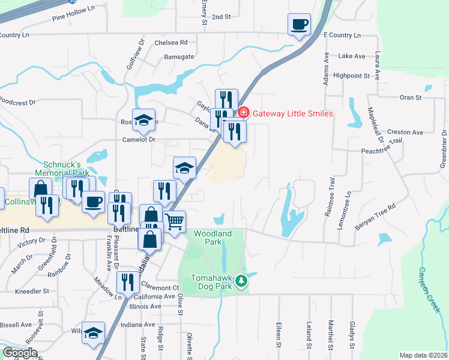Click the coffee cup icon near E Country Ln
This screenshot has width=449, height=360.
tap(299, 25)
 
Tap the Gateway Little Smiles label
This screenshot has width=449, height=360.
tap(292, 113)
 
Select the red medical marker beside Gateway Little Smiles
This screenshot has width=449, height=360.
tap(244, 112)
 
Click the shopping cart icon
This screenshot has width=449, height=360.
tap(175, 221)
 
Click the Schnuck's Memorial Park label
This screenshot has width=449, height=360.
tap(66, 168)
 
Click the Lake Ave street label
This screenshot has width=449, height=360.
tap(352, 56)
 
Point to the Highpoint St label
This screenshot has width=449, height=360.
tap(352, 76)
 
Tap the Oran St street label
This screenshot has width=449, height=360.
tap(411, 97)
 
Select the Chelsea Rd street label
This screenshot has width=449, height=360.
tap(171, 43)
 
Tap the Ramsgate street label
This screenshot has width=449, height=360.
tap(179, 57)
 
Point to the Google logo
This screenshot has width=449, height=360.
tap(20, 353)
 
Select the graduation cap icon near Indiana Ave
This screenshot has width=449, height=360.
tap(94, 333)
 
